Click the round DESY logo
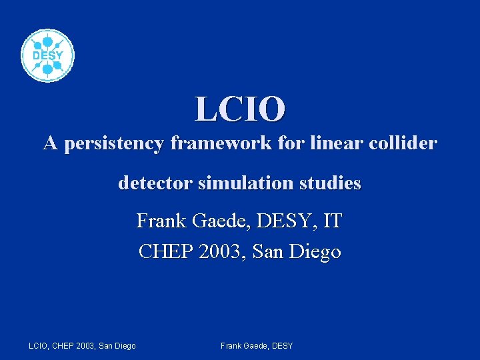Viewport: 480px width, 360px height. [47, 56]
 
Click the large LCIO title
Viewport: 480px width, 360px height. [240, 109]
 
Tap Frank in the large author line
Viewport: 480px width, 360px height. [159, 220]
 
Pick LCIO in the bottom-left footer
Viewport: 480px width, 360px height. [39, 345]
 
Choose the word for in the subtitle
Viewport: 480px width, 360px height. [277, 143]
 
